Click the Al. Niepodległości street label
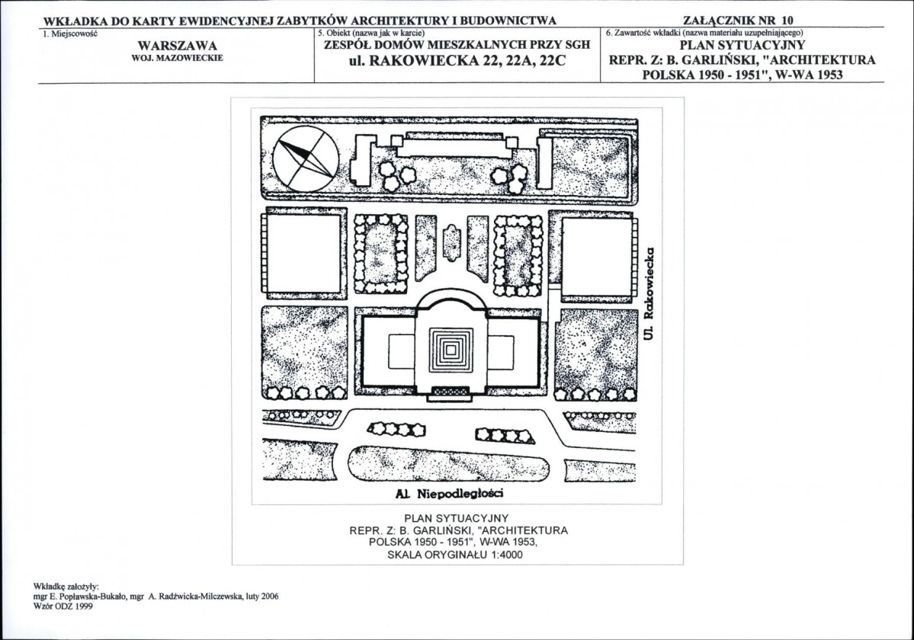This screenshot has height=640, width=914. tap(449, 494)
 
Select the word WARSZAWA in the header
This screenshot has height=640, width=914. tap(177, 46)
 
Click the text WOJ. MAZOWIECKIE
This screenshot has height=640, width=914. tap(177, 58)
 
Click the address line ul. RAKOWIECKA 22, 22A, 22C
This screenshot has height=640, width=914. tap(457, 60)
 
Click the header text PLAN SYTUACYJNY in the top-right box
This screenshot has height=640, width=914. tap(742, 45)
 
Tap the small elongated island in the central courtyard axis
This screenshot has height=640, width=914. tap(452, 242)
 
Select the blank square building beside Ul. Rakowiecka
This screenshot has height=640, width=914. tap(598, 256)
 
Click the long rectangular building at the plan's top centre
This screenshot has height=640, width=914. tap(454, 145)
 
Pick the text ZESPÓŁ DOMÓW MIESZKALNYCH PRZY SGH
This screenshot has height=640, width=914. tap(457, 45)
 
